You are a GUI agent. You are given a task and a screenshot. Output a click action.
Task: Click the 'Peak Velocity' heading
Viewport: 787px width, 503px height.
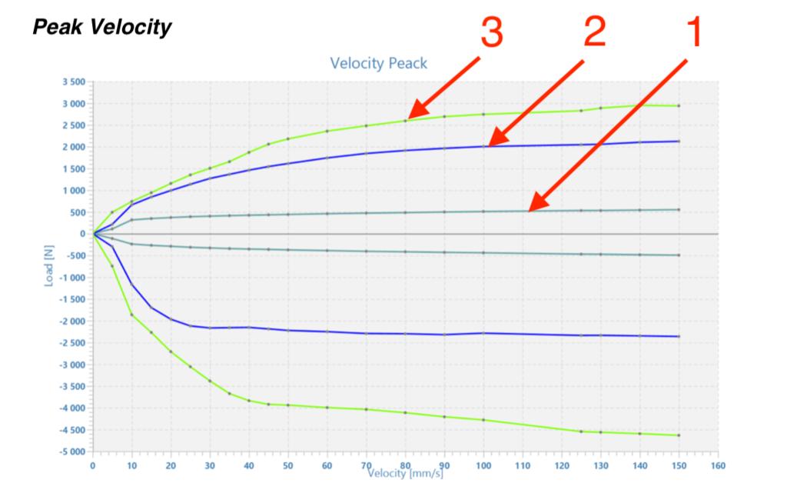[101, 28]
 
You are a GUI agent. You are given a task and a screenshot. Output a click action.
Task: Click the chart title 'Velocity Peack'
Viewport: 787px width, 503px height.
[378, 63]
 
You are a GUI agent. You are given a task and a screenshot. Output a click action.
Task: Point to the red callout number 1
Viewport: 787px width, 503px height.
[692, 33]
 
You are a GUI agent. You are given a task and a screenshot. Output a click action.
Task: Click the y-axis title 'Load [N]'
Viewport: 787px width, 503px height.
[48, 265]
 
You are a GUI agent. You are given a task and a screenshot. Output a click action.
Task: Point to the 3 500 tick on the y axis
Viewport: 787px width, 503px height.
[75, 82]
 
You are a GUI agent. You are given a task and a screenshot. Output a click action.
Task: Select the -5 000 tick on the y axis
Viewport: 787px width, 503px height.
[72, 451]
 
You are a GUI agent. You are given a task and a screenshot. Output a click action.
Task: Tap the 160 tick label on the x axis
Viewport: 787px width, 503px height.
[718, 465]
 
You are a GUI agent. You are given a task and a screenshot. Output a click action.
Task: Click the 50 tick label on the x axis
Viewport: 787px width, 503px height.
[288, 465]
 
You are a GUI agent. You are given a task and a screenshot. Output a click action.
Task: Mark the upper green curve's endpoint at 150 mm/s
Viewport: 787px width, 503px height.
[679, 105]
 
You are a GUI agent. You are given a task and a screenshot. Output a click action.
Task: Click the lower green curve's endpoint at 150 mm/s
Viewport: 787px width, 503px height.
[679, 435]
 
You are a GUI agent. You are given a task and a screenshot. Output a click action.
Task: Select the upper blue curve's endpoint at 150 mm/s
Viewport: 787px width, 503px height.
[679, 141]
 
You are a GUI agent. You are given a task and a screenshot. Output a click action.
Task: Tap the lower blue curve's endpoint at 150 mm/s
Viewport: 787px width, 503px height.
[679, 336]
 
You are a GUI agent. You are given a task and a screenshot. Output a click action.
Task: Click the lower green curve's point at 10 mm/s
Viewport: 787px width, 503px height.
[131, 315]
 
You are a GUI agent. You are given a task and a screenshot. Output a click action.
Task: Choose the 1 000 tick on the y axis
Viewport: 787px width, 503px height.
[75, 190]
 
